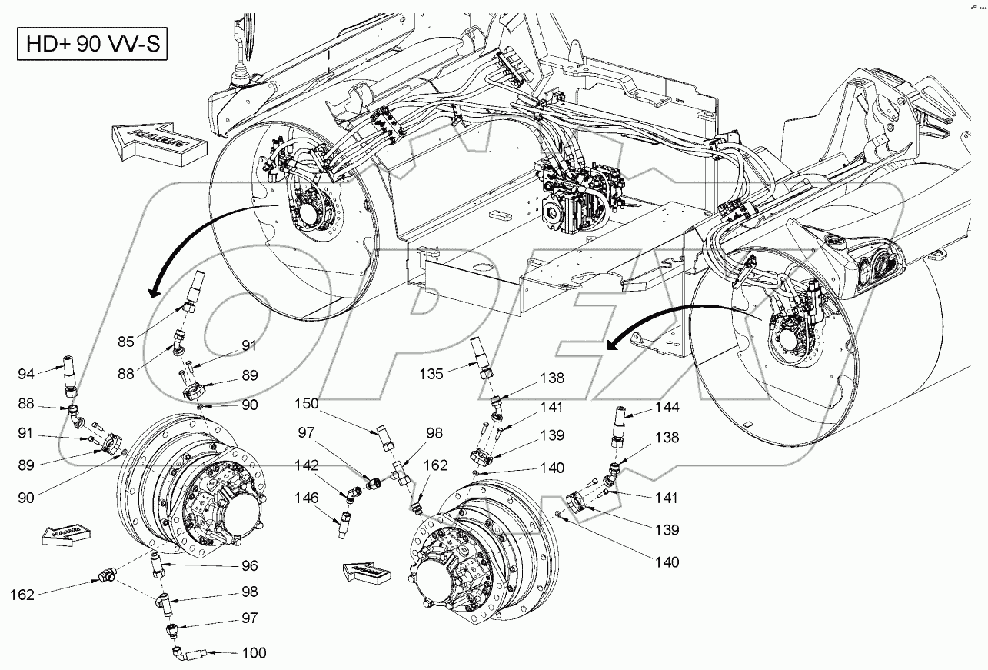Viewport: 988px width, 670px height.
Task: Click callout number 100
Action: [254, 654]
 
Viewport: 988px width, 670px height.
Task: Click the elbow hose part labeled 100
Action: [188, 654]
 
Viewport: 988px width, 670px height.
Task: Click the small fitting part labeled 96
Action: [158, 565]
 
